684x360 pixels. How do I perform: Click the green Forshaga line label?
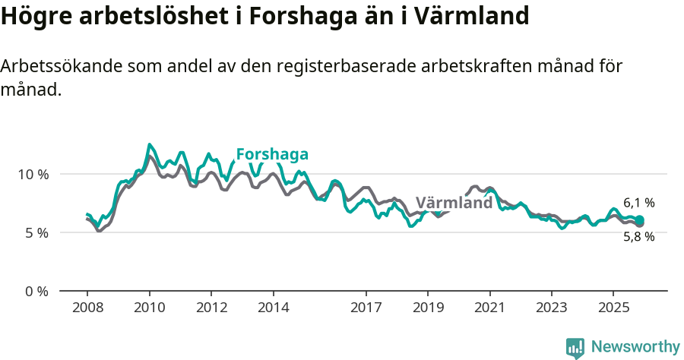(272, 155)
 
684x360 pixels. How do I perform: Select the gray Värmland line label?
(454, 204)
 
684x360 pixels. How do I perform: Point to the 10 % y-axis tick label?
(33, 174)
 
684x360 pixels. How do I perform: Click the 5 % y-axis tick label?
(36, 232)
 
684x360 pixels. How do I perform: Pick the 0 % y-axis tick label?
(36, 291)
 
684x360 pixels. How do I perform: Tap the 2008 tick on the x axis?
(87, 308)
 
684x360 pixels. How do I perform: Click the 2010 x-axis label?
(149, 308)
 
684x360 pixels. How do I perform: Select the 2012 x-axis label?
(211, 308)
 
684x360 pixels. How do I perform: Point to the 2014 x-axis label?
(273, 308)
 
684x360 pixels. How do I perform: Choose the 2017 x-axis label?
(366, 308)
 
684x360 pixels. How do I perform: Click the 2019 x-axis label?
(428, 308)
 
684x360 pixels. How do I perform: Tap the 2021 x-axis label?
(489, 308)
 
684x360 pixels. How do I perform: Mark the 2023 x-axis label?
(552, 308)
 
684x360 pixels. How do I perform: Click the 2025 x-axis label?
(613, 308)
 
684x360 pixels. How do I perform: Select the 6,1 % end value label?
(638, 203)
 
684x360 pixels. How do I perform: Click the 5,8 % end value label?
(638, 236)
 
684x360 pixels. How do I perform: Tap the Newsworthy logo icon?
(575, 348)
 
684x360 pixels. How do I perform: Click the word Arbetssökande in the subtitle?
(54, 67)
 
